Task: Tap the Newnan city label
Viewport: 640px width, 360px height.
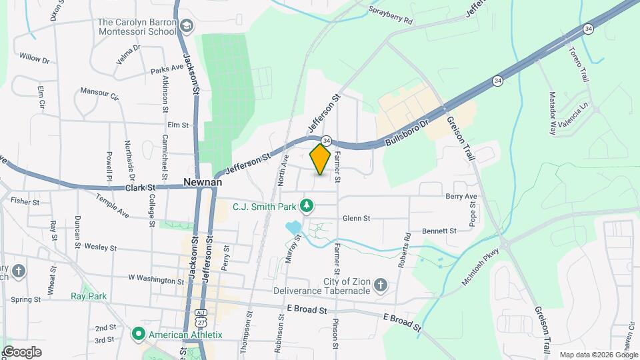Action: (x=203, y=181)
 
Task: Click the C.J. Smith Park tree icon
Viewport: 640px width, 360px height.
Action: (x=306, y=206)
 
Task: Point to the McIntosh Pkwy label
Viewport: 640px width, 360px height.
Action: (x=480, y=268)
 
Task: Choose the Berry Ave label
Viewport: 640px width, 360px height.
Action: (x=461, y=196)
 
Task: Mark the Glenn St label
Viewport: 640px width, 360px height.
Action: (x=356, y=218)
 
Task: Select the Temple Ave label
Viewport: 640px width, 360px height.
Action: (x=112, y=207)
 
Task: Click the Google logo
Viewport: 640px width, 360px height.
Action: (x=22, y=351)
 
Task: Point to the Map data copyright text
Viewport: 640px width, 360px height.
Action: (x=598, y=355)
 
